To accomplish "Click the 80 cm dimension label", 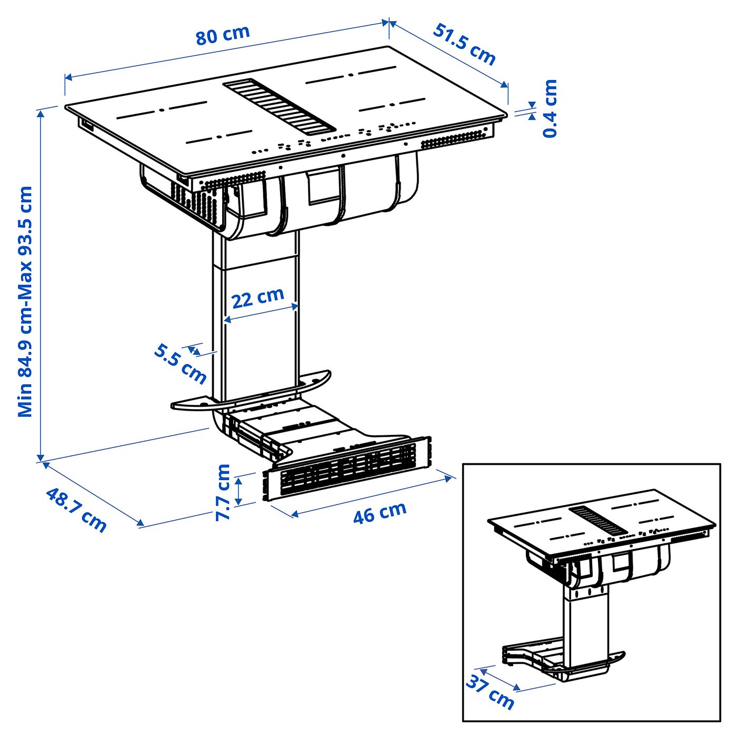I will (223, 35).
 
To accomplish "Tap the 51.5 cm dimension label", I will (464, 44).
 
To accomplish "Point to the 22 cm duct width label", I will (258, 298).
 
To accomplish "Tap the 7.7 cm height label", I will (223, 492).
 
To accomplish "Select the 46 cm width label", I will (380, 512).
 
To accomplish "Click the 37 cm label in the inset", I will (490, 692).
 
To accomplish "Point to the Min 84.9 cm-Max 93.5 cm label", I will (25, 301).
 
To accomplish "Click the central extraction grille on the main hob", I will (279, 105).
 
